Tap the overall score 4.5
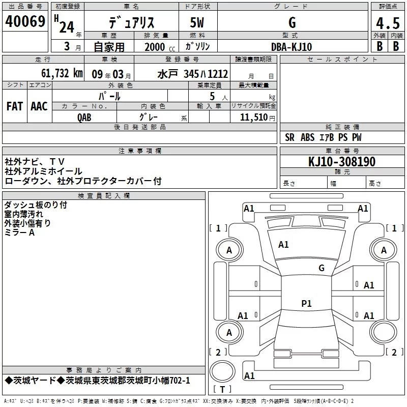(x=387, y=23)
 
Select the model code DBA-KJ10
(x=292, y=47)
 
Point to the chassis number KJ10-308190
(x=342, y=162)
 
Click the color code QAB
(x=84, y=118)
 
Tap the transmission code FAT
(x=15, y=106)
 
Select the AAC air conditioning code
(x=39, y=106)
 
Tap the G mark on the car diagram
(x=321, y=268)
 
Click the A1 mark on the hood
(x=283, y=245)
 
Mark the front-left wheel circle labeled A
(x=229, y=250)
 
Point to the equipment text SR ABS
(x=300, y=137)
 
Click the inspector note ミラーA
(x=19, y=232)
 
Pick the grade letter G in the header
(x=292, y=23)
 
